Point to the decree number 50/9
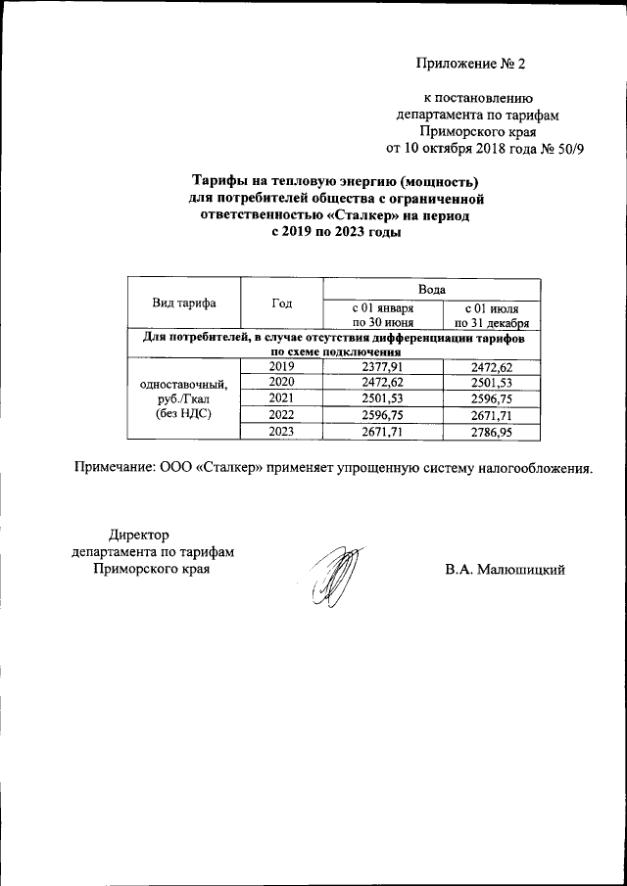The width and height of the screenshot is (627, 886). [567, 148]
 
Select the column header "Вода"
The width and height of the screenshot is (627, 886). [432, 290]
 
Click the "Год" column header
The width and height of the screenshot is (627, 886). [282, 303]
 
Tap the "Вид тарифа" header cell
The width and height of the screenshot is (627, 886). [184, 303]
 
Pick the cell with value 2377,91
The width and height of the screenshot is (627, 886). [384, 366]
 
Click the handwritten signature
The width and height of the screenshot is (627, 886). [329, 582]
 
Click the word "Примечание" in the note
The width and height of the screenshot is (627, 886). [115, 468]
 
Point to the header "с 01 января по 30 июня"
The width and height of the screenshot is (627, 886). [384, 314]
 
